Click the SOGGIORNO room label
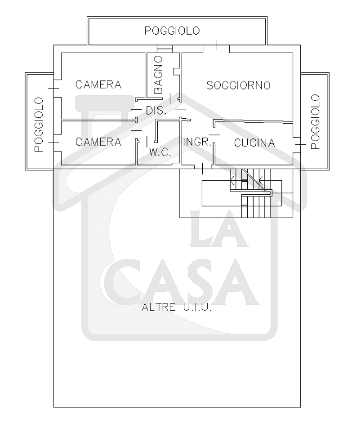click(239, 85)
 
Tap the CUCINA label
click(255, 143)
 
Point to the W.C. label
click(160, 153)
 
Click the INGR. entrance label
click(196, 142)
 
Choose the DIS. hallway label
click(157, 110)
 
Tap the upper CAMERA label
click(98, 85)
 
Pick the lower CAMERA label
click(98, 142)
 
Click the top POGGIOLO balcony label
click(172, 30)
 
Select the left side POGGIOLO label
click(38, 124)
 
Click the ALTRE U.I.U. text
click(176, 308)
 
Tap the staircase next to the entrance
click(253, 195)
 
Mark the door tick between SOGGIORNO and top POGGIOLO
click(216, 46)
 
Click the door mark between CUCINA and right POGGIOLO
click(298, 145)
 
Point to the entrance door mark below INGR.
click(202, 169)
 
